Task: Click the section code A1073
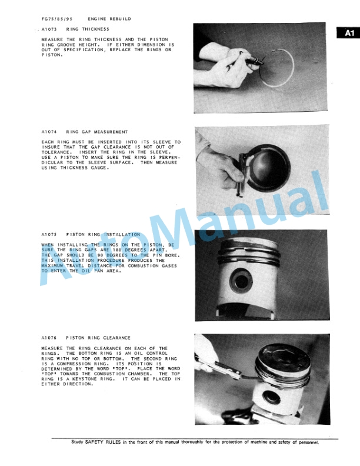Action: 49,28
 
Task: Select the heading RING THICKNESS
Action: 88,28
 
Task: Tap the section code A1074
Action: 49,132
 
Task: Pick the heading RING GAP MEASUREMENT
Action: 97,132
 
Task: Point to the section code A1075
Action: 49,234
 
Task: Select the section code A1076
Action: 49,338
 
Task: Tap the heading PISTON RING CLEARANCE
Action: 98,338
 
